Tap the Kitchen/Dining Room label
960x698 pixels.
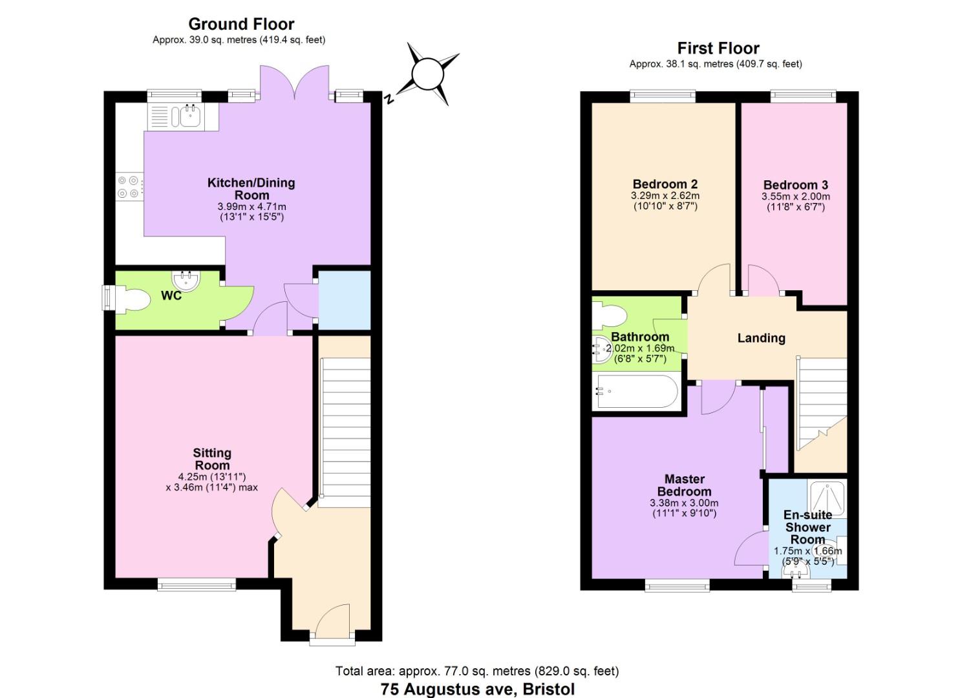251,189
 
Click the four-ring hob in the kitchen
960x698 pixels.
128,187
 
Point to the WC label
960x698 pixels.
171,296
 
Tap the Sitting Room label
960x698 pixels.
212,459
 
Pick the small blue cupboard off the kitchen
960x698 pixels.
345,301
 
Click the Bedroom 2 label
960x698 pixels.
665,184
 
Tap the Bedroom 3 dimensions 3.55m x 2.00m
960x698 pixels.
795,197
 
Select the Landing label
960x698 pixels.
761,338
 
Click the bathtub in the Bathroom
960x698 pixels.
637,392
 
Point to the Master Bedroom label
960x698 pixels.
685,485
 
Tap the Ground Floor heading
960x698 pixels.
241,24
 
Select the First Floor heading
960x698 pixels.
718,48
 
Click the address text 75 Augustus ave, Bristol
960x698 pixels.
477,689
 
